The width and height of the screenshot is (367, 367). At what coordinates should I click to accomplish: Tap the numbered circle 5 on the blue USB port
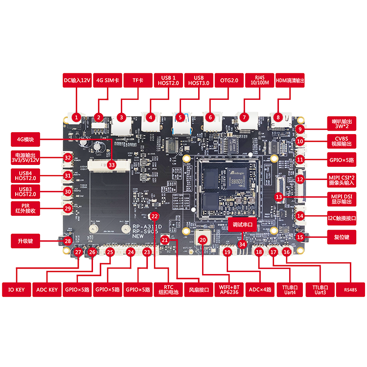pyautogui.click(x=181, y=117)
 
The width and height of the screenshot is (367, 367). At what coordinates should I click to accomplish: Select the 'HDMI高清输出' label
pyautogui.click(x=290, y=80)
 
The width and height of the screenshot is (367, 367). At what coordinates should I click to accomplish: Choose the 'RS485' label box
pyautogui.click(x=350, y=289)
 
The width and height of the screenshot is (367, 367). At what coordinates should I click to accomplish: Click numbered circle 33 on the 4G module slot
pyautogui.click(x=112, y=165)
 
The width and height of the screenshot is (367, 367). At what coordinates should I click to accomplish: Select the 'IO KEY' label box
pyautogui.click(x=17, y=289)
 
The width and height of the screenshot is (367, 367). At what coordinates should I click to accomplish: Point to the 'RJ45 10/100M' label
pyautogui.click(x=258, y=80)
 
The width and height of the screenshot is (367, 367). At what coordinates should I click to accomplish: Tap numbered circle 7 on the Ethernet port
pyautogui.click(x=243, y=117)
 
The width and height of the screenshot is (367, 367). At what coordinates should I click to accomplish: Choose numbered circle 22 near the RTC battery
pyautogui.click(x=154, y=216)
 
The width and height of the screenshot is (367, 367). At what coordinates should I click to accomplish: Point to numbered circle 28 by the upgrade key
pyautogui.click(x=69, y=241)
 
